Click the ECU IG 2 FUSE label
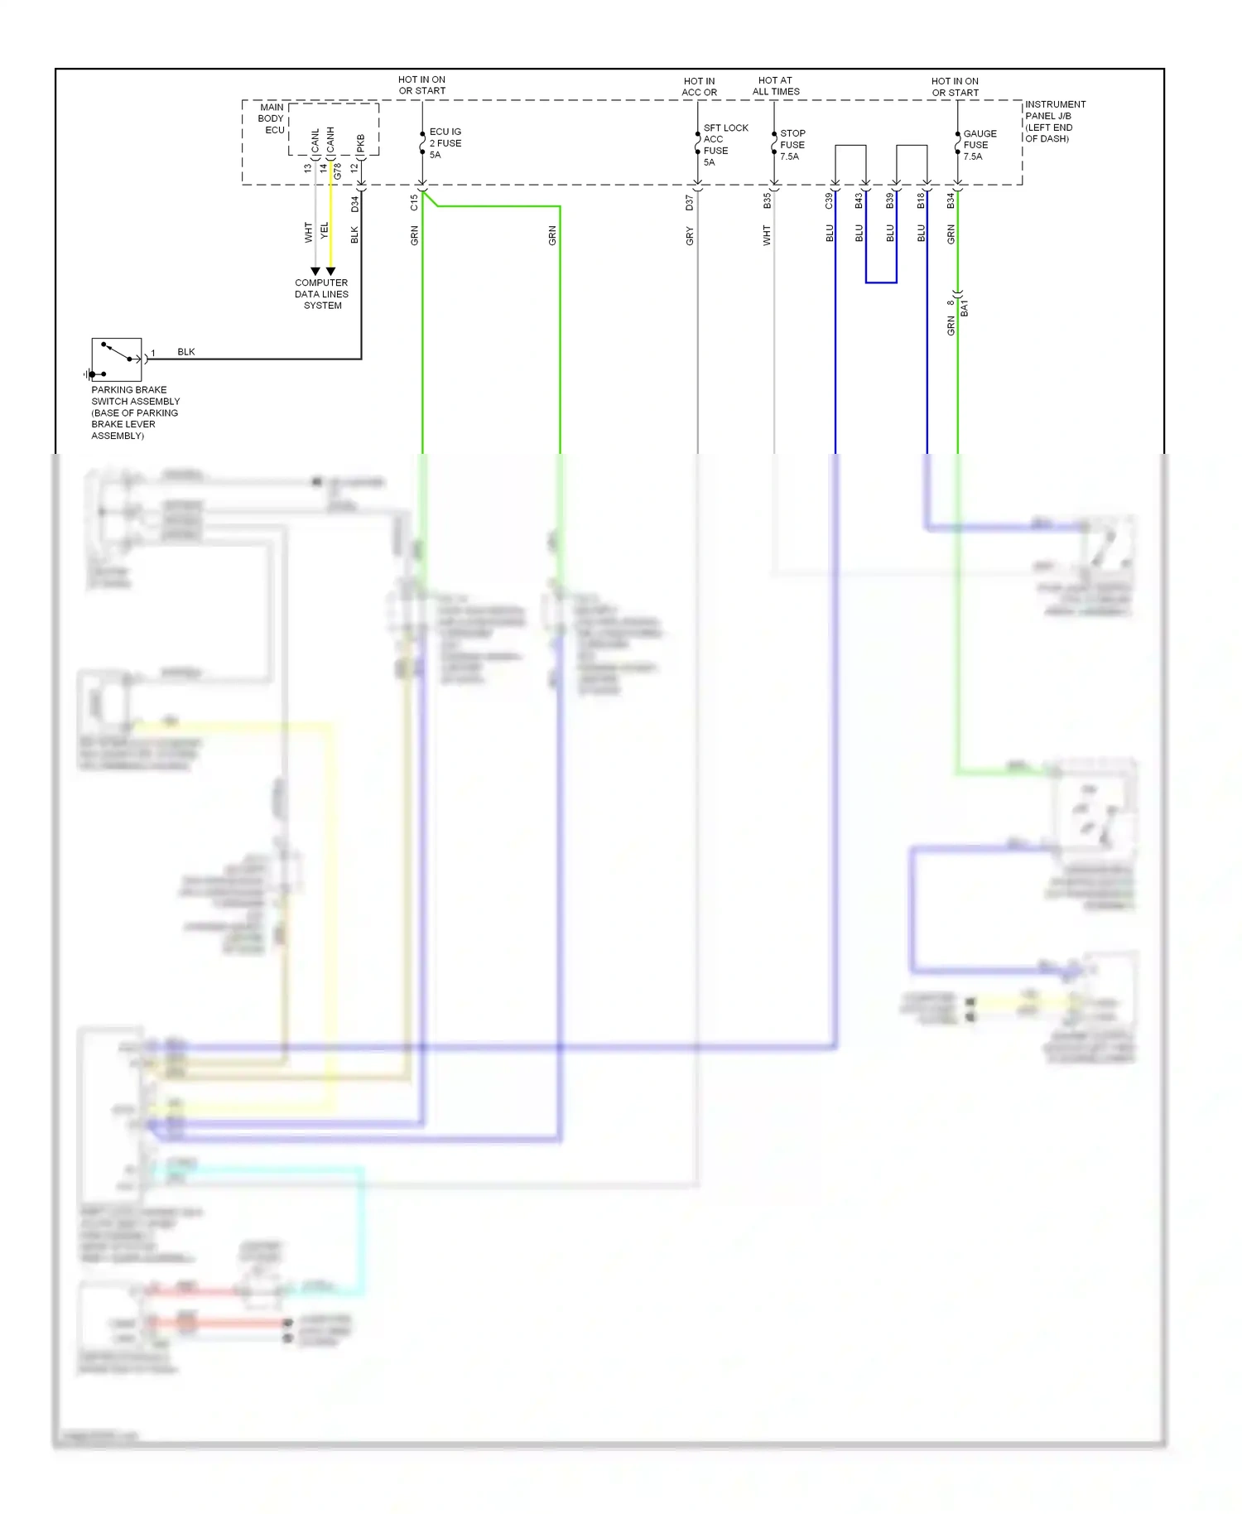[x=445, y=143]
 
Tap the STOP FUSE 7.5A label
[x=792, y=145]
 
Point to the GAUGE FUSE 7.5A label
[x=979, y=145]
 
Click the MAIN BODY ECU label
[x=272, y=118]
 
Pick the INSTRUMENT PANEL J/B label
[x=1054, y=121]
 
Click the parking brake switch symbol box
[x=117, y=359]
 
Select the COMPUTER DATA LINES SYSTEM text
[x=321, y=294]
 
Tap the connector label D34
[x=355, y=204]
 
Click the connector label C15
[x=414, y=203]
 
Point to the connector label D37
[x=690, y=202]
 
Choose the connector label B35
[x=767, y=201]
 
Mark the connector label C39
[x=829, y=200]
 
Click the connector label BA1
[x=965, y=308]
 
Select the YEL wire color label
[x=325, y=231]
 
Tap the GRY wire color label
[x=690, y=236]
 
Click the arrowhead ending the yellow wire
[x=330, y=271]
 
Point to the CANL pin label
[x=315, y=140]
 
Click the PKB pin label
[x=361, y=144]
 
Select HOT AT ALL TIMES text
[x=776, y=86]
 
